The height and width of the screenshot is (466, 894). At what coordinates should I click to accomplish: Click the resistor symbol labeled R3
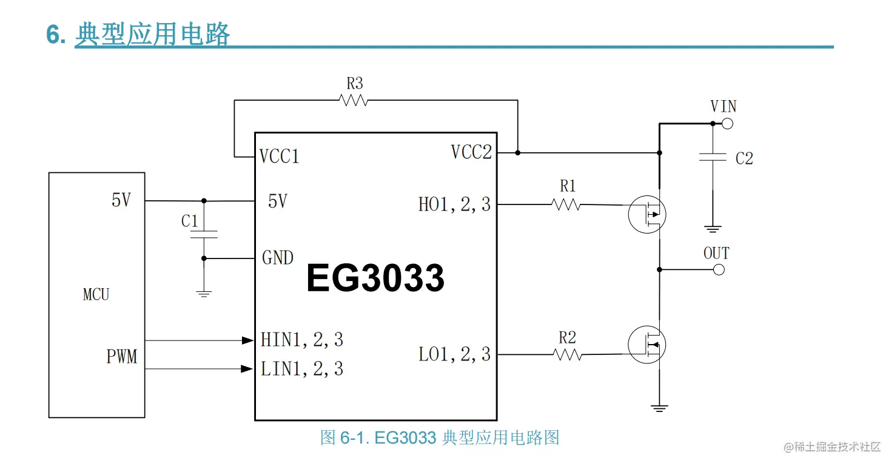[x=354, y=101]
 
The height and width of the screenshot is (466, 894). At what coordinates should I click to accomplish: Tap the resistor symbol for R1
[x=566, y=205]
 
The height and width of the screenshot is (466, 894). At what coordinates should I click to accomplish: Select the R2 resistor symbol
[x=567, y=355]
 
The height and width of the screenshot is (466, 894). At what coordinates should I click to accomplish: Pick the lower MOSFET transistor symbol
[x=647, y=345]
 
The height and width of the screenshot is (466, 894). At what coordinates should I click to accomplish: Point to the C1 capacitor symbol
[x=204, y=234]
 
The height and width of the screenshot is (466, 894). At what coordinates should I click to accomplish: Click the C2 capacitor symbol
[x=713, y=157]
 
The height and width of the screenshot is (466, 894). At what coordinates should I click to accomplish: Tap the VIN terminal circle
[x=727, y=124]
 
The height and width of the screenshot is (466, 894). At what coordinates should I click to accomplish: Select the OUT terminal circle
[x=719, y=269]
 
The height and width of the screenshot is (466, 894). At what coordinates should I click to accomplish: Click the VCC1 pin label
[x=279, y=157]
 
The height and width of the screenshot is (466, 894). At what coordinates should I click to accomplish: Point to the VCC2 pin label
[x=471, y=152]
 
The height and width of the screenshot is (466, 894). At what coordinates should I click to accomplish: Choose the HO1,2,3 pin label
[x=454, y=205]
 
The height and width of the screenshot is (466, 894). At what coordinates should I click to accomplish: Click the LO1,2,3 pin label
[x=454, y=354]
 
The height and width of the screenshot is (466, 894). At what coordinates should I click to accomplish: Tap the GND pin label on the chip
[x=278, y=258]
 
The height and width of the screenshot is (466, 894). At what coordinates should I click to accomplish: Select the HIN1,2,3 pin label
[x=302, y=340]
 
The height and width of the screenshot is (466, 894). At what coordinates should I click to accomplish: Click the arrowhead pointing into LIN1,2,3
[x=247, y=369]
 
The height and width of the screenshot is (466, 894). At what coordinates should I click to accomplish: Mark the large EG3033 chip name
[x=375, y=279]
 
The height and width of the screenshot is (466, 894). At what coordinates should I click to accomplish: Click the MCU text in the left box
[x=96, y=295]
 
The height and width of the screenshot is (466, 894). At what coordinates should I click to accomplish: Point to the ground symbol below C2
[x=713, y=229]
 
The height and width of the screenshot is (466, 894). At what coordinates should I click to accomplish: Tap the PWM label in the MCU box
[x=122, y=357]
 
